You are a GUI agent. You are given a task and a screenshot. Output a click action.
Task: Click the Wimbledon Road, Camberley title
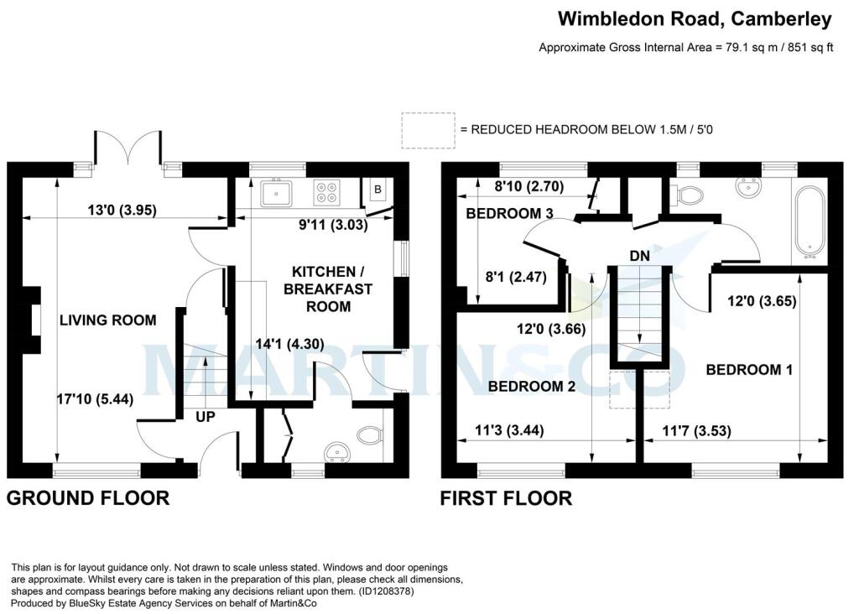point(695,18)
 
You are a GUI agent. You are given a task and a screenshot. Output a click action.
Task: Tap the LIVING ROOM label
point(107,320)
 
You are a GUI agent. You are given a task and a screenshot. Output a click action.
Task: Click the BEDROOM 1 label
point(749,369)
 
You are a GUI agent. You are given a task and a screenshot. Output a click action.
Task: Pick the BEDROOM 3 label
point(509,214)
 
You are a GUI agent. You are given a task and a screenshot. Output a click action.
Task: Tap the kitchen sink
point(276,194)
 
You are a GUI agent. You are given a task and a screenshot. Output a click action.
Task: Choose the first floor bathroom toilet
point(690,195)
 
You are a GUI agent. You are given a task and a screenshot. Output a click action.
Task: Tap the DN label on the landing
point(640,254)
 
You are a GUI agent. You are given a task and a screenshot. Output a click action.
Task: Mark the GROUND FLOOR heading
point(88,498)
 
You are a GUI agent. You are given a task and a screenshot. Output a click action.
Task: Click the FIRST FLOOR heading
point(507,498)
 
